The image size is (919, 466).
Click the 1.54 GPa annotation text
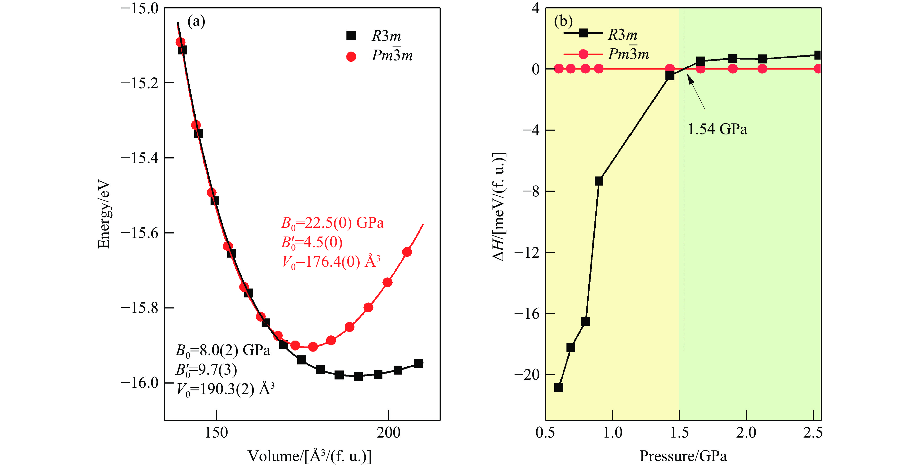(x=717, y=129)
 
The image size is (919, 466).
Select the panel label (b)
(x=563, y=21)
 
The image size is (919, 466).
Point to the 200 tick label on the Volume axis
(x=389, y=433)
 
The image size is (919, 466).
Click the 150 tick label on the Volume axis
(x=216, y=433)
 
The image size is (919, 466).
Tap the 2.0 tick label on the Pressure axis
(x=746, y=433)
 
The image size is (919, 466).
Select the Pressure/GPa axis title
(x=683, y=456)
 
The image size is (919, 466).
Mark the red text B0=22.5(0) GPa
(x=332, y=223)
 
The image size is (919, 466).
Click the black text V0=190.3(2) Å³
(x=225, y=389)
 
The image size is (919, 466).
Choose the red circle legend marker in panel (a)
(x=351, y=56)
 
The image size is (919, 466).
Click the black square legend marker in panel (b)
(x=583, y=33)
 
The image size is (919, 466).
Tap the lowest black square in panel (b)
(x=559, y=387)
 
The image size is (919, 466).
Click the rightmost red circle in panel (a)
(x=407, y=252)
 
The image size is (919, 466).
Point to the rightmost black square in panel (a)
(x=418, y=364)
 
